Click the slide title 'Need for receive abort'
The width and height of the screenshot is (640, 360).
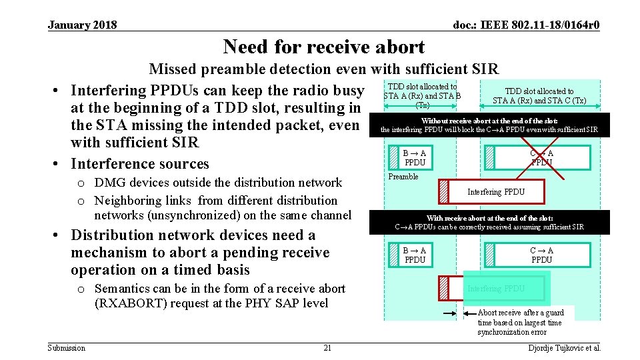323,47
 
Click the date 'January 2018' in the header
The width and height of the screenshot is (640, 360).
82,25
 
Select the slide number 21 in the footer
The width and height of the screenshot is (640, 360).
327,348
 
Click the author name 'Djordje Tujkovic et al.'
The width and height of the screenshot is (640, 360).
564,348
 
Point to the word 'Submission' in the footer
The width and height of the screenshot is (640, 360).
67,348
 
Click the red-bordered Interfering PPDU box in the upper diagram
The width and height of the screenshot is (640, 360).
495,192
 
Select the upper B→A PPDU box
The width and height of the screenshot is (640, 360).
415,157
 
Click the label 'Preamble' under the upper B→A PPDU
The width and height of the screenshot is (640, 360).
403,177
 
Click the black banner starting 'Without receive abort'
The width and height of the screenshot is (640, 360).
489,125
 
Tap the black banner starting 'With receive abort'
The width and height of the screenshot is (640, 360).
489,222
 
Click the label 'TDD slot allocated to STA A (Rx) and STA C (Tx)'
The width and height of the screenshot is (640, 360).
539,96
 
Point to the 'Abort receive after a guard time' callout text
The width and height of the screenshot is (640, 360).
521,322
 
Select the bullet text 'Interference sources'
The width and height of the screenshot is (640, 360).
140,163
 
